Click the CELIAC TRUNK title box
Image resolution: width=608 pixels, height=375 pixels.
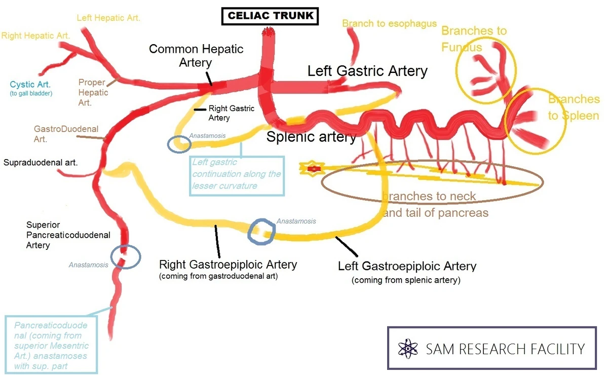(x=270, y=15)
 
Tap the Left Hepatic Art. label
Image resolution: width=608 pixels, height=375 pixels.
(x=108, y=18)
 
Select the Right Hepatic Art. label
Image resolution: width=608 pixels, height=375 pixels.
(x=35, y=36)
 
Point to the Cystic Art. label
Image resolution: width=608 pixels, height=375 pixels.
(x=30, y=85)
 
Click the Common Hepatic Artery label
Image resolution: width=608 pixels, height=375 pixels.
(x=196, y=56)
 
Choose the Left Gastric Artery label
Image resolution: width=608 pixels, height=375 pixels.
(x=367, y=71)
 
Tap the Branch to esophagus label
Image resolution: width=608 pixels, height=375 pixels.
(x=389, y=23)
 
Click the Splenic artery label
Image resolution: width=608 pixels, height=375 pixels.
(x=311, y=137)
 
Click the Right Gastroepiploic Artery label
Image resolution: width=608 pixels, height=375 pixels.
(x=228, y=265)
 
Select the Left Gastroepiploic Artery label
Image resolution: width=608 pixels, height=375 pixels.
(x=407, y=266)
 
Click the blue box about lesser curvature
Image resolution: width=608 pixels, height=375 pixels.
(x=237, y=175)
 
